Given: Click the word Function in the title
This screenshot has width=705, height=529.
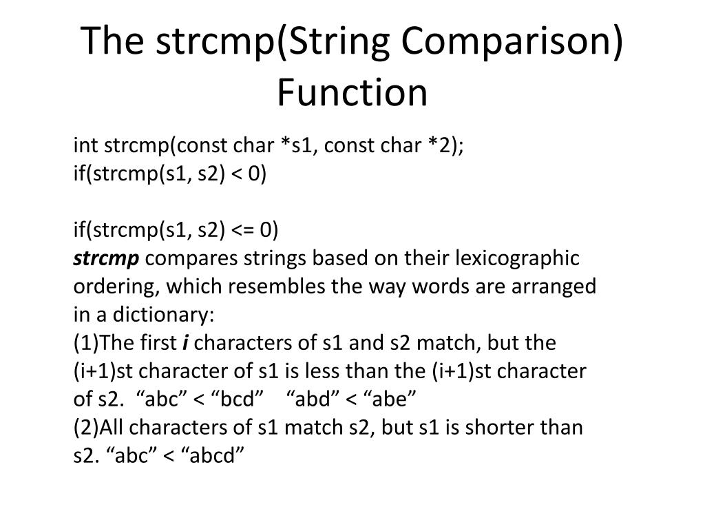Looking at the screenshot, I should pyautogui.click(x=352, y=93).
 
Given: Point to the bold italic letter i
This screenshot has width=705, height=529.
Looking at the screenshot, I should pyautogui.click(x=185, y=343).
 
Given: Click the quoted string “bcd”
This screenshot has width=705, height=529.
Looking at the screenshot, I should pyautogui.click(x=237, y=400).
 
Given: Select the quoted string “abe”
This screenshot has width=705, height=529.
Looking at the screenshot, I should pyautogui.click(x=390, y=400).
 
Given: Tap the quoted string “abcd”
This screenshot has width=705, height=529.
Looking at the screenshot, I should pyautogui.click(x=214, y=456).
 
